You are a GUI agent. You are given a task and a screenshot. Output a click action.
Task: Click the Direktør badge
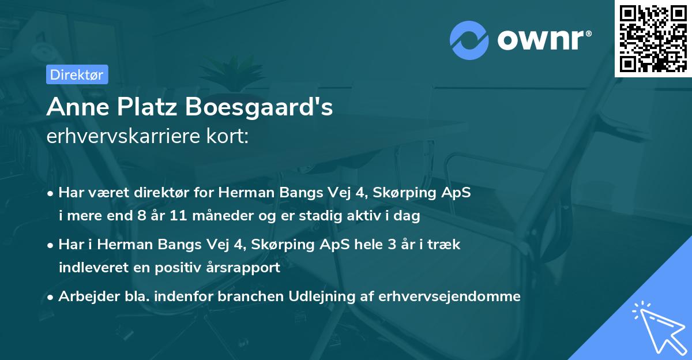[x=77, y=74]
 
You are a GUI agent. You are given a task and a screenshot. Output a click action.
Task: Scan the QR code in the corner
[x=653, y=38]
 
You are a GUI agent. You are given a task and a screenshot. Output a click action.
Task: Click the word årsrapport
[x=245, y=267]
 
